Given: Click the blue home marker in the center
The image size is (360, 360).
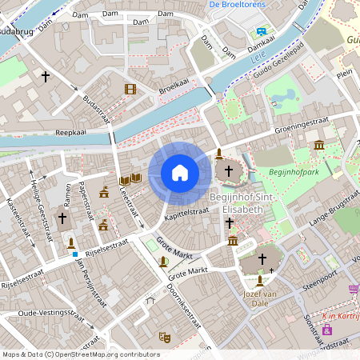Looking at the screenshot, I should [180, 173].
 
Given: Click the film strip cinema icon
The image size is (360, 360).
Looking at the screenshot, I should [130, 89].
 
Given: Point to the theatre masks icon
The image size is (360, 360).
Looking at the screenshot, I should [164, 337].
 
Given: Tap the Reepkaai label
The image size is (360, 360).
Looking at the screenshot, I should [70, 134].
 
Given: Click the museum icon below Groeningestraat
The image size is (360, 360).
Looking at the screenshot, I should [319, 145].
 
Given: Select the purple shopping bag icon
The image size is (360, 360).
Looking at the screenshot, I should [326, 330].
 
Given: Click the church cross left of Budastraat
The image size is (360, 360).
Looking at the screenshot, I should [46, 78].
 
